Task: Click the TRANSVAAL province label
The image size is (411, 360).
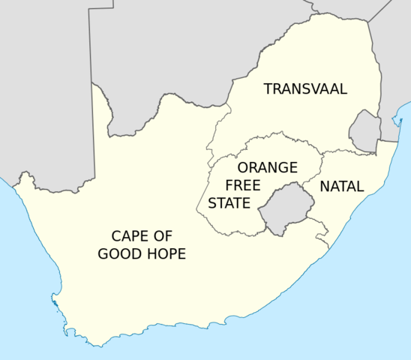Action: pos(305,88)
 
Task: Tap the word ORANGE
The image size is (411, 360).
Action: pos(267,167)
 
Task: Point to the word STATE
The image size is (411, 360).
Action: pos(229,202)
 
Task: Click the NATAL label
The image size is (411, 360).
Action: pos(341,186)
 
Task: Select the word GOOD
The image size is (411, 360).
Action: pos(119,253)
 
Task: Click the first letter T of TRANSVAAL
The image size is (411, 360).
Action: pos(268,88)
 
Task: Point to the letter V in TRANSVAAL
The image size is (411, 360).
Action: pos(314,88)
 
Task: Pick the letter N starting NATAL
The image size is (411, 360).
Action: pos(325,186)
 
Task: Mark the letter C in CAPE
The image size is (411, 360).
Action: pos(116,235)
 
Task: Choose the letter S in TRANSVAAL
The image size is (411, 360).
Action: pos(304,88)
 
